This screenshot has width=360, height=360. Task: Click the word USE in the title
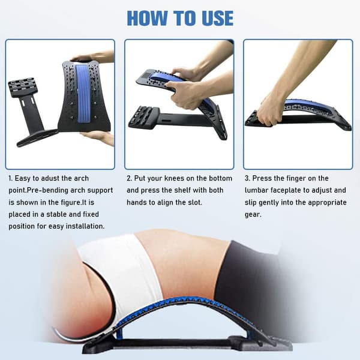pos(218,18)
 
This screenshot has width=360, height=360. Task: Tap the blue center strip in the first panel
pos(84,94)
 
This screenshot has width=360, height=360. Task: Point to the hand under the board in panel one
pos(99,137)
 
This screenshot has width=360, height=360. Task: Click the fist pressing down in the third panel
pos(270,112)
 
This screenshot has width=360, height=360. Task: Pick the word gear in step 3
pos(253,215)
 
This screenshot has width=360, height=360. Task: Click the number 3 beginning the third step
pos(247,178)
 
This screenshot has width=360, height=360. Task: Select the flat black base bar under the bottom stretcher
pos(175,343)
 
